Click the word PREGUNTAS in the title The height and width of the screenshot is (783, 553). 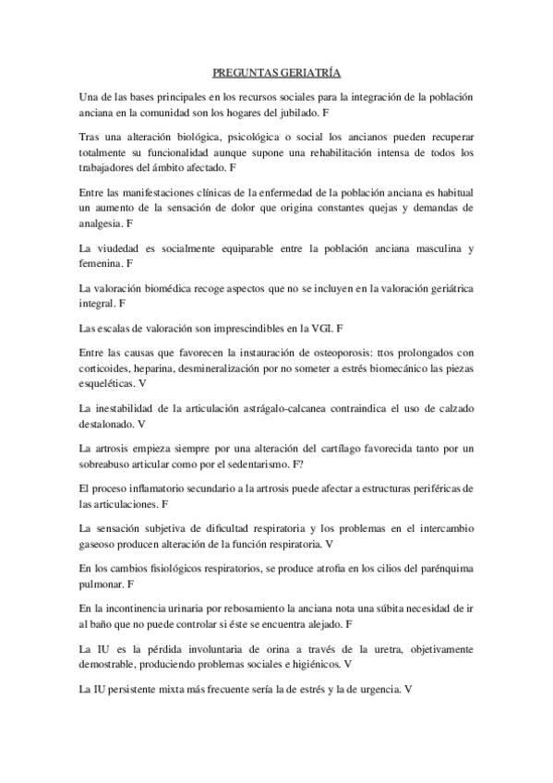[x=242, y=71]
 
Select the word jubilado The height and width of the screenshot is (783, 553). [x=293, y=111]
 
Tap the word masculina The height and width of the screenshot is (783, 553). [x=431, y=249]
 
